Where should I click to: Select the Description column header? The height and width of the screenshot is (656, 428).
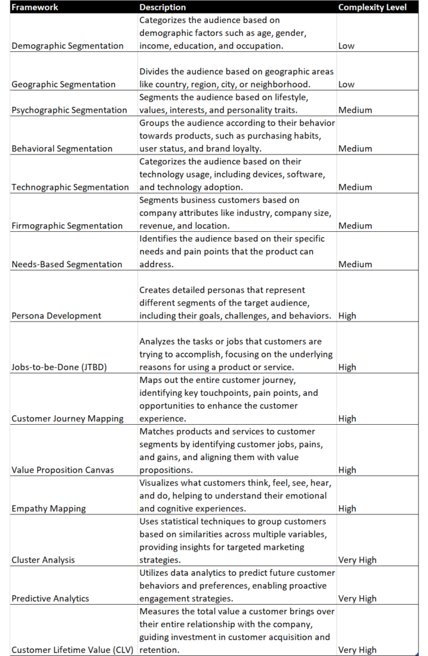pyautogui.click(x=162, y=7)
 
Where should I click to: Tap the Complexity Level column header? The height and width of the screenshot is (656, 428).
pyautogui.click(x=372, y=7)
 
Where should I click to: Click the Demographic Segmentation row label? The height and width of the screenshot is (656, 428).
pyautogui.click(x=67, y=46)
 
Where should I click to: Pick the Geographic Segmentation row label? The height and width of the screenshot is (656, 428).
pyautogui.click(x=64, y=85)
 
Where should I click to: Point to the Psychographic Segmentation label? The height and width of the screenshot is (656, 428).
pyautogui.click(x=69, y=110)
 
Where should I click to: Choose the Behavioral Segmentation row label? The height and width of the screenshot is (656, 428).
pyautogui.click(x=62, y=149)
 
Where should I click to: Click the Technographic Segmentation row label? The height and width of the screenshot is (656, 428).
pyautogui.click(x=70, y=187)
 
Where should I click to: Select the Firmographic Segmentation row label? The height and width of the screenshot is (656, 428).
pyautogui.click(x=67, y=225)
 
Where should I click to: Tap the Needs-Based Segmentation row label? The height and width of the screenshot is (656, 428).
pyautogui.click(x=67, y=264)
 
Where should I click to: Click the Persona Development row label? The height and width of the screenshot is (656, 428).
pyautogui.click(x=56, y=316)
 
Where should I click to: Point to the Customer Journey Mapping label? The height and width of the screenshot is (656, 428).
pyautogui.click(x=67, y=418)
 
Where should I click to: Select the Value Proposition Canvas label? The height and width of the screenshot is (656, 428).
pyautogui.click(x=62, y=470)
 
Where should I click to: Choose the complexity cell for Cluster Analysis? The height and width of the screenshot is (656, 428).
pyautogui.click(x=357, y=560)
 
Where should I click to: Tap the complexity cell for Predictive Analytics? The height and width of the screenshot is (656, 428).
pyautogui.click(x=357, y=598)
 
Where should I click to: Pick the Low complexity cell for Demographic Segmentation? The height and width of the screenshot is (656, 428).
pyautogui.click(x=347, y=46)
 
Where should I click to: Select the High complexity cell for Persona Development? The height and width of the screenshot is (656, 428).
pyautogui.click(x=347, y=316)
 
